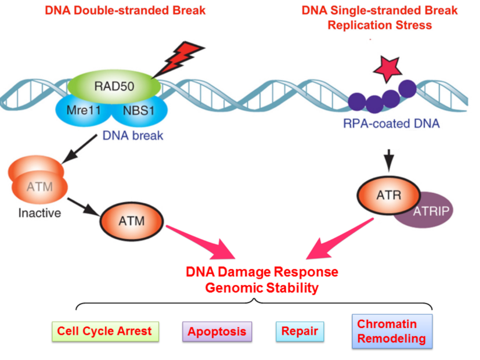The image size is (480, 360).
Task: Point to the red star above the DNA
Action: tap(387, 70)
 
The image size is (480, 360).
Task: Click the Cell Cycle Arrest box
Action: tap(104, 332)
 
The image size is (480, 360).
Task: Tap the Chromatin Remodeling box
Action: tap(392, 332)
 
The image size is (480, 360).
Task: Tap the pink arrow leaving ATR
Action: tap(340, 241)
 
